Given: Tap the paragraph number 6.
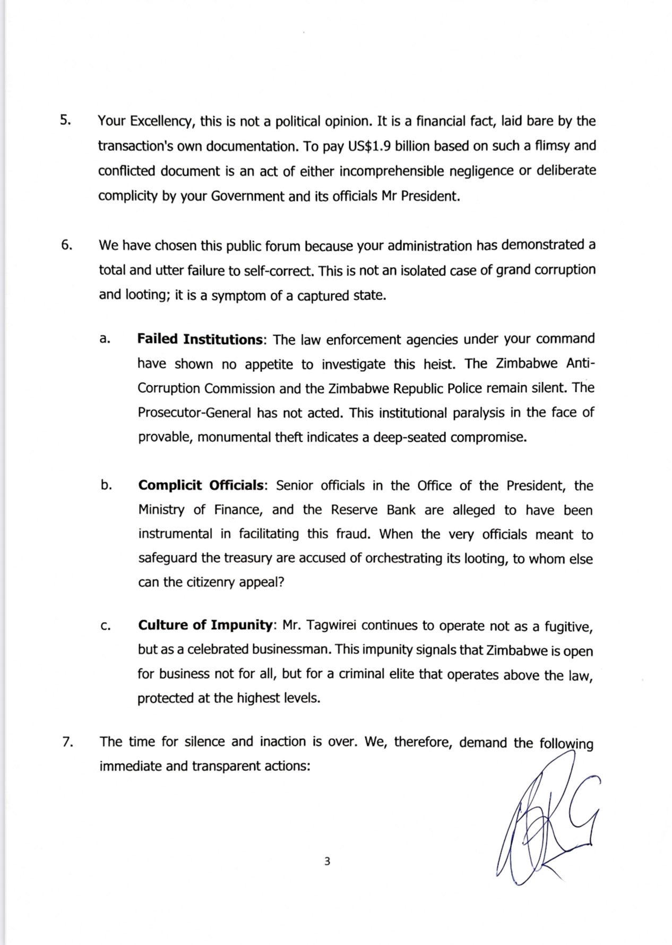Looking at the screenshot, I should click(x=66, y=245).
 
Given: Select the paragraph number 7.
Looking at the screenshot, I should click(x=67, y=742).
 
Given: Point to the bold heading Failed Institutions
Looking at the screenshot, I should click(x=200, y=339).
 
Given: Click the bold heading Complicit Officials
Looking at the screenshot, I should click(x=201, y=485).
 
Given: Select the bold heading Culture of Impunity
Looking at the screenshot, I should click(x=205, y=625).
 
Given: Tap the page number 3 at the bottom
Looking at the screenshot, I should click(x=327, y=861).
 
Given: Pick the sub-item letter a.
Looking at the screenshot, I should click(x=105, y=339).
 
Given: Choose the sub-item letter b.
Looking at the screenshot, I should click(x=106, y=485).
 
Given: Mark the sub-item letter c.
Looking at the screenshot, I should click(x=105, y=626).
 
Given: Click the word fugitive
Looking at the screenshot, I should click(x=567, y=627).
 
